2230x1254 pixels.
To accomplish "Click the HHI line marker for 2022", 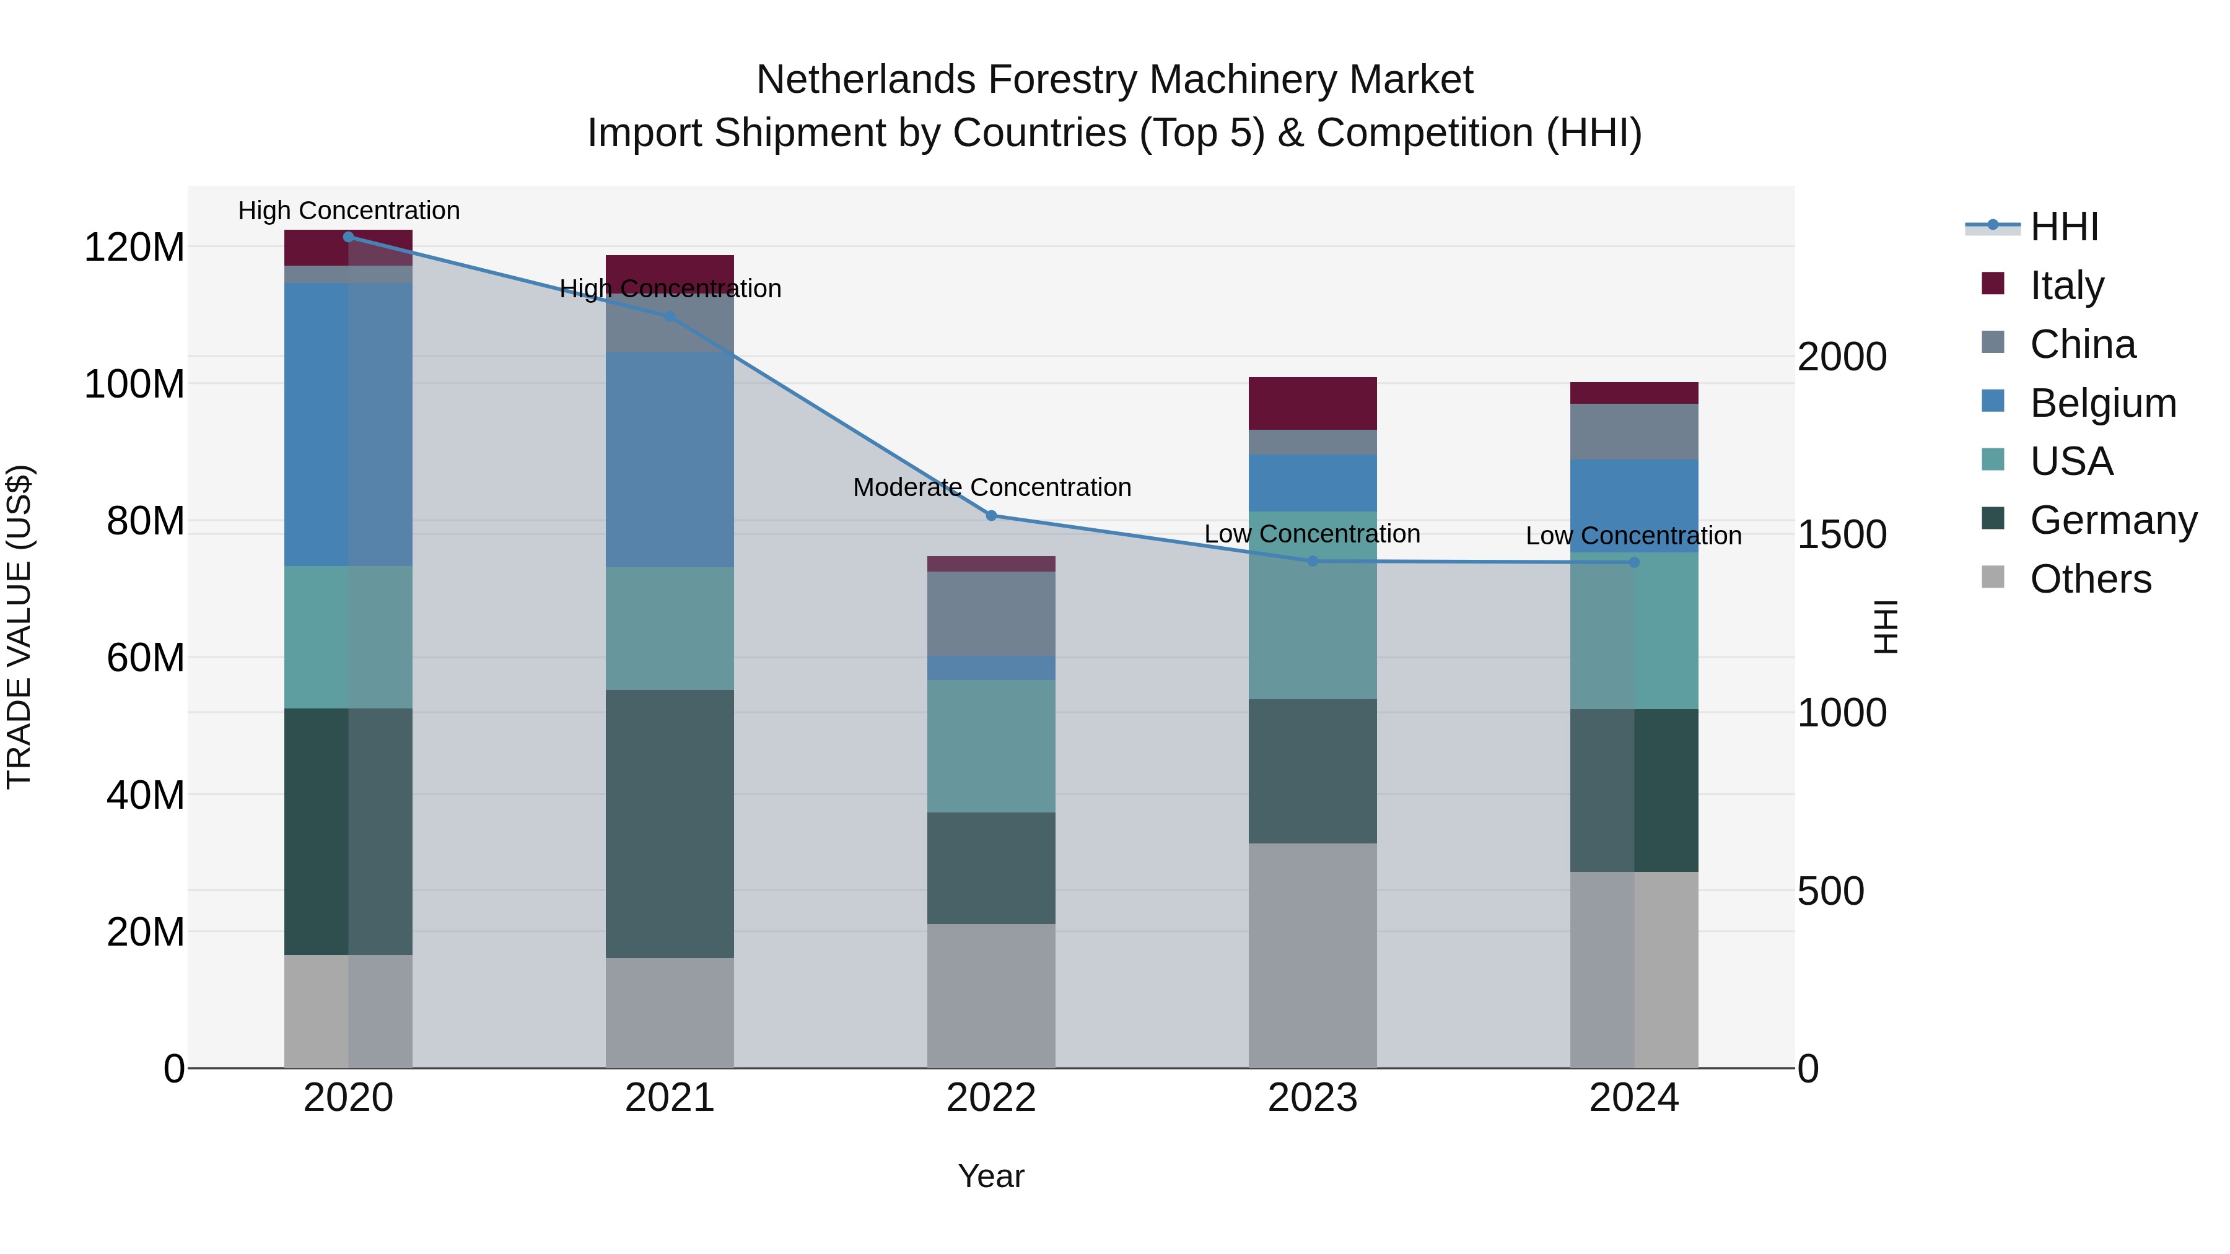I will pyautogui.click(x=991, y=516).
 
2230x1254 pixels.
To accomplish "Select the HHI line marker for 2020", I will pyautogui.click(x=348, y=237).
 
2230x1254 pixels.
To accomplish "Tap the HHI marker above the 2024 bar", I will pyautogui.click(x=1633, y=562).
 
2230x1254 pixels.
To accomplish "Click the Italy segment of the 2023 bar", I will pyautogui.click(x=1313, y=403).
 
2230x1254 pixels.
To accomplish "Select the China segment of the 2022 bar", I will pyautogui.click(x=991, y=614).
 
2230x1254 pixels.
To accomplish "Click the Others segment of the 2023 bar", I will pyautogui.click(x=1313, y=956).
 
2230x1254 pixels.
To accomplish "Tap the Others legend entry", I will pyautogui.click(x=2090, y=579).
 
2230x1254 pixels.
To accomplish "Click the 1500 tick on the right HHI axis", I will pyautogui.click(x=1842, y=535).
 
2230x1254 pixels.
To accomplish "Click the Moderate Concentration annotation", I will pyautogui.click(x=992, y=487).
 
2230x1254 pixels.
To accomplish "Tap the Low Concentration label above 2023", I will pyautogui.click(x=1313, y=534).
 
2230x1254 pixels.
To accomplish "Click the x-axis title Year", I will pyautogui.click(x=991, y=1176).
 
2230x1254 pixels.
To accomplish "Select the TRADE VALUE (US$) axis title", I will pyautogui.click(x=20, y=627).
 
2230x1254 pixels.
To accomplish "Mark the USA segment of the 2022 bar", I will pyautogui.click(x=991, y=746).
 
